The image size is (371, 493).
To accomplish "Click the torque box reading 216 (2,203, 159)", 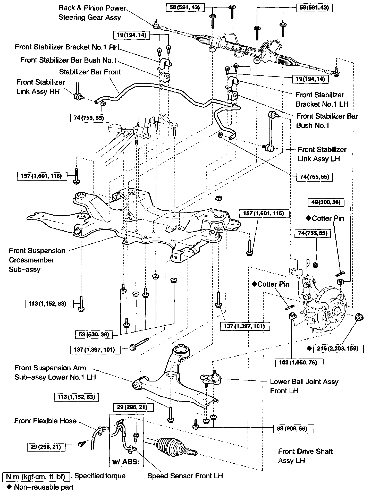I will point(338,348).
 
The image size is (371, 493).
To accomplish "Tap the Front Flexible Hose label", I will point(45,421).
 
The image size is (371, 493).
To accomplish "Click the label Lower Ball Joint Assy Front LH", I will point(304,386).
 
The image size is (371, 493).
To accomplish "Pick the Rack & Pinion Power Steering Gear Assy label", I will point(92,13).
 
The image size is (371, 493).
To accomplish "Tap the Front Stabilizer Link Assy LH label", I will point(322,154).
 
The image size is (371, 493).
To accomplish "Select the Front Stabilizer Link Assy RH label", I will point(40,87).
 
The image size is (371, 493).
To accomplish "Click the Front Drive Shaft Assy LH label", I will point(305,456).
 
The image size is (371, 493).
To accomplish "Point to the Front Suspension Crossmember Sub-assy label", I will point(37,260).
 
